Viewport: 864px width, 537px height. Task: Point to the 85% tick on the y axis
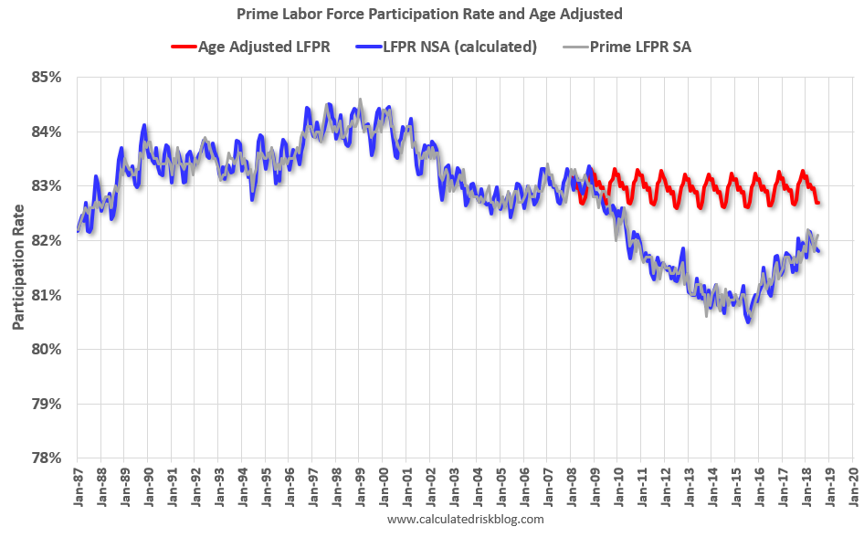[x=45, y=78]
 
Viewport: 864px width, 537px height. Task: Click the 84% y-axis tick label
[x=45, y=132]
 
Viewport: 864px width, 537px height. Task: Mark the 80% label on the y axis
[x=45, y=350]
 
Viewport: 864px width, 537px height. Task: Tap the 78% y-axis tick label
[x=45, y=458]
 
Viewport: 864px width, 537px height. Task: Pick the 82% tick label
[x=45, y=240]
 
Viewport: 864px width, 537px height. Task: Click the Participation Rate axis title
[x=18, y=268]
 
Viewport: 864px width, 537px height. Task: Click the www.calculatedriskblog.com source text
[x=466, y=520]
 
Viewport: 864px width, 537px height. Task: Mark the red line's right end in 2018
[x=817, y=203]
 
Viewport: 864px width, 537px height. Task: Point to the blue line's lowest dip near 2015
[x=749, y=321]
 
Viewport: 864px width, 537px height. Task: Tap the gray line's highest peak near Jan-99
[x=360, y=100]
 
